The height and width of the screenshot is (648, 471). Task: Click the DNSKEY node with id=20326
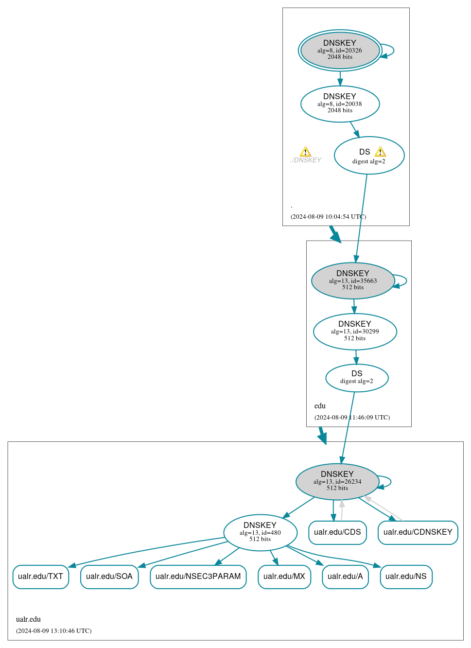(x=340, y=50)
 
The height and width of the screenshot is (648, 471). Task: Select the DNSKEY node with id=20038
(x=340, y=104)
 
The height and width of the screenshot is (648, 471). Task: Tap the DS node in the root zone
(x=369, y=156)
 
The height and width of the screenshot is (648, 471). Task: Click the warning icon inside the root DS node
(x=380, y=152)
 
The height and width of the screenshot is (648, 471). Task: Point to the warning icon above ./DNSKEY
(x=305, y=151)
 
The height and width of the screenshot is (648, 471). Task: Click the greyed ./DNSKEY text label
(x=306, y=160)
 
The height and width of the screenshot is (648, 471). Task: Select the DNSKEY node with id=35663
(x=352, y=280)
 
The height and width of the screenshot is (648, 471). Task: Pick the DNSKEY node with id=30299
(x=355, y=332)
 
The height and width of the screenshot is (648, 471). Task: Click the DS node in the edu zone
(x=357, y=378)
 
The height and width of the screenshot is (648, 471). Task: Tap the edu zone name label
(x=320, y=406)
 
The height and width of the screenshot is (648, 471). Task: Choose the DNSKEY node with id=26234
(x=337, y=481)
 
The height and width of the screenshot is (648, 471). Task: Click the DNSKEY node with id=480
(x=260, y=532)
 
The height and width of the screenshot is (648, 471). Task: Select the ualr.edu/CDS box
(x=337, y=532)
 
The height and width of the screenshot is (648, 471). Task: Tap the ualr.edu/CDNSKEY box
(x=418, y=532)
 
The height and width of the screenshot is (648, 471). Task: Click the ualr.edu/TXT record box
(x=40, y=577)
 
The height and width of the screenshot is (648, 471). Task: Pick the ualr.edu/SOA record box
(x=109, y=577)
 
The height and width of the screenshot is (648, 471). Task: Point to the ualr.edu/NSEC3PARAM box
(x=198, y=577)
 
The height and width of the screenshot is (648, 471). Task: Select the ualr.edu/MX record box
(x=284, y=577)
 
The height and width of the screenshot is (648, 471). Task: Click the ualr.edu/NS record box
(x=406, y=577)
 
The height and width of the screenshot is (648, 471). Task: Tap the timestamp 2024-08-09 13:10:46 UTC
(x=53, y=631)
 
